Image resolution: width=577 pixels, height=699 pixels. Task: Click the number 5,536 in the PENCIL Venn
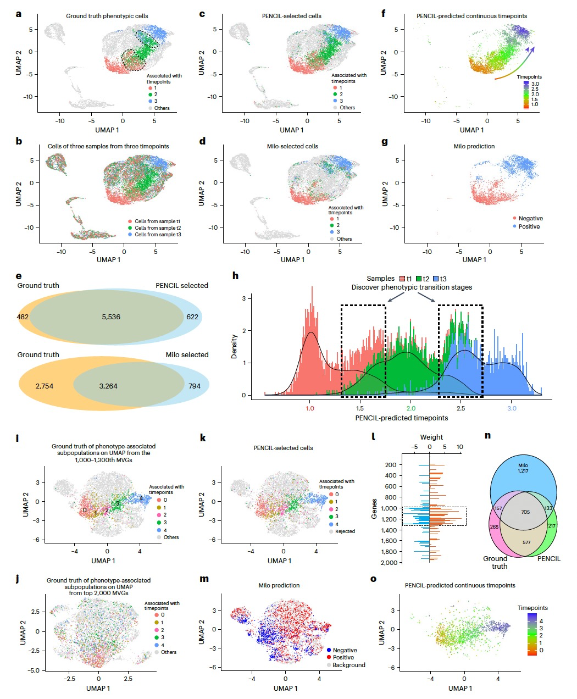(x=111, y=317)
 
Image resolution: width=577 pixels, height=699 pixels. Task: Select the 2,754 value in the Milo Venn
(x=44, y=386)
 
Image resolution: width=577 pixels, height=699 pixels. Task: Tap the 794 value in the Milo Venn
(x=195, y=386)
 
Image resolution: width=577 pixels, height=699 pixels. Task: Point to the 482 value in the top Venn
(x=23, y=317)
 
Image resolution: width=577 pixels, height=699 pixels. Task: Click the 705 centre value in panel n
(x=525, y=512)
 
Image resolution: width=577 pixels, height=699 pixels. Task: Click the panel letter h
(x=236, y=276)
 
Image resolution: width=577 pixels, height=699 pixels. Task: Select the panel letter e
(x=19, y=276)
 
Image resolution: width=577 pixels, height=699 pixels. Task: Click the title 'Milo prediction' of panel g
(x=474, y=146)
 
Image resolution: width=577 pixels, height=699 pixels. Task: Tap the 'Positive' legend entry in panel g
(x=529, y=226)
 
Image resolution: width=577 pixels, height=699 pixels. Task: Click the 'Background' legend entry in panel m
(x=348, y=665)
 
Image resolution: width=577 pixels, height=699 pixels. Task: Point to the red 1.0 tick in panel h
(x=310, y=408)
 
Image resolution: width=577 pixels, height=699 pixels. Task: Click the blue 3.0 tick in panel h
(x=512, y=408)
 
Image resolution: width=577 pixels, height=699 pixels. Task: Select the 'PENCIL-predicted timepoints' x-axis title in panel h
(x=401, y=418)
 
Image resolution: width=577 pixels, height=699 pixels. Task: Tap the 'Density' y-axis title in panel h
(x=235, y=346)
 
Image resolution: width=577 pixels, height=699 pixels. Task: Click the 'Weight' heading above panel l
(x=431, y=437)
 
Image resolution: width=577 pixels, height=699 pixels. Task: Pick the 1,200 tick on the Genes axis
(x=391, y=519)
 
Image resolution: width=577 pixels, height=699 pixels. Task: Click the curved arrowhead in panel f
(x=529, y=50)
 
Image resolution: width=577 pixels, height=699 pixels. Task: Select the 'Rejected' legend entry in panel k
(x=345, y=531)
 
